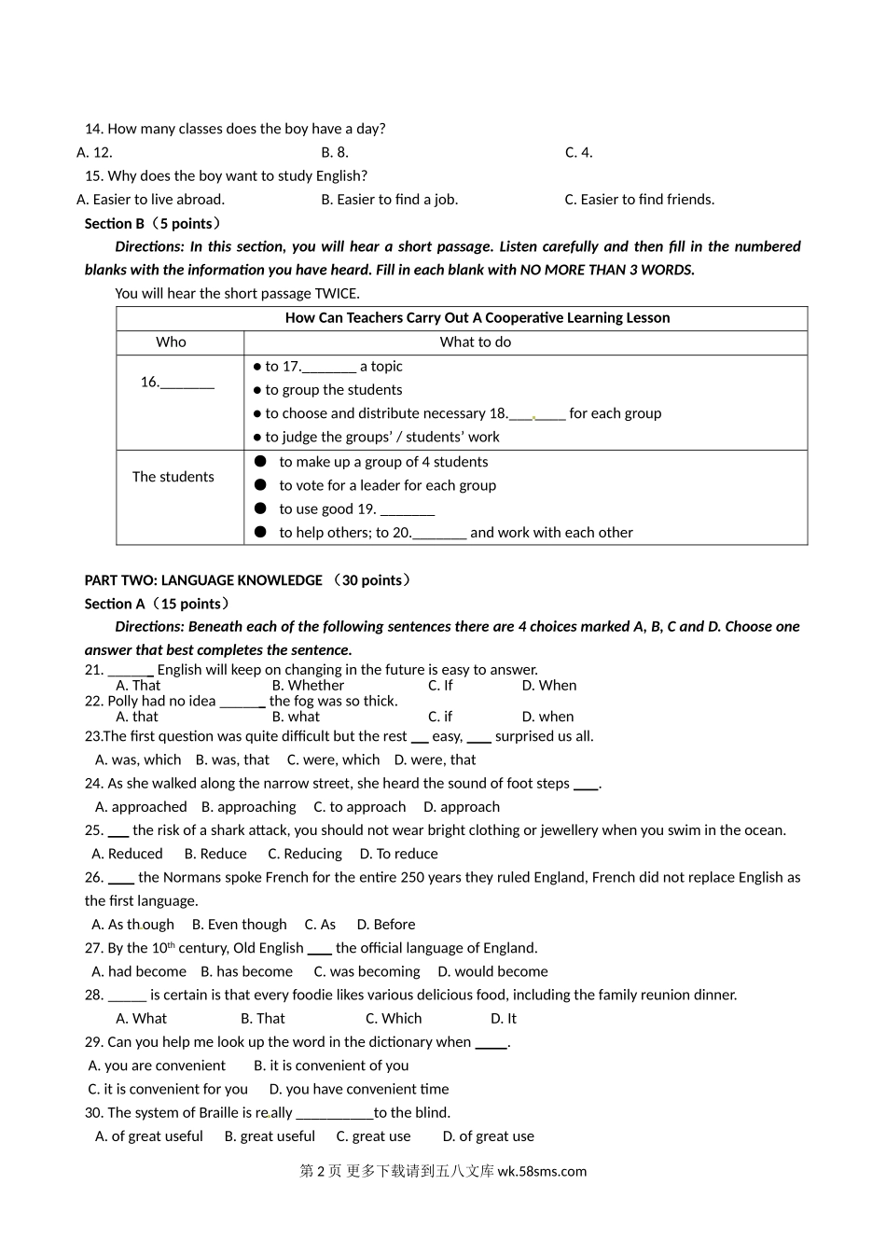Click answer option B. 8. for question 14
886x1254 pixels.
click(335, 152)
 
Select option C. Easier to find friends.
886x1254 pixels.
click(639, 199)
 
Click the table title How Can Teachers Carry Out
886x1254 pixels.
click(477, 317)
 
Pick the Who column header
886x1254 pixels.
click(171, 341)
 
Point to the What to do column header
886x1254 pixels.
click(476, 341)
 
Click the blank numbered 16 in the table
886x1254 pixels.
click(187, 383)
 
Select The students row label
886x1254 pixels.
click(173, 477)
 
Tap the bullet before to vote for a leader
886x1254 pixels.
click(260, 485)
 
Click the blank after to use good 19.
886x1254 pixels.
click(408, 509)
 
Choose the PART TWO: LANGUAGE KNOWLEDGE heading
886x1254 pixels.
click(203, 580)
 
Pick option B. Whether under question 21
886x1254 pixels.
click(308, 685)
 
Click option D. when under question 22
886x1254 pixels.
click(547, 717)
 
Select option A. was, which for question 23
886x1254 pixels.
click(138, 759)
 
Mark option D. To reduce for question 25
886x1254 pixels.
click(398, 854)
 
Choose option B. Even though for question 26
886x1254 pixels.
click(239, 925)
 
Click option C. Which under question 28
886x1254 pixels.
click(393, 1019)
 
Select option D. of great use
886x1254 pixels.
click(488, 1136)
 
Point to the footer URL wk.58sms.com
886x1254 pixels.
click(542, 1172)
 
